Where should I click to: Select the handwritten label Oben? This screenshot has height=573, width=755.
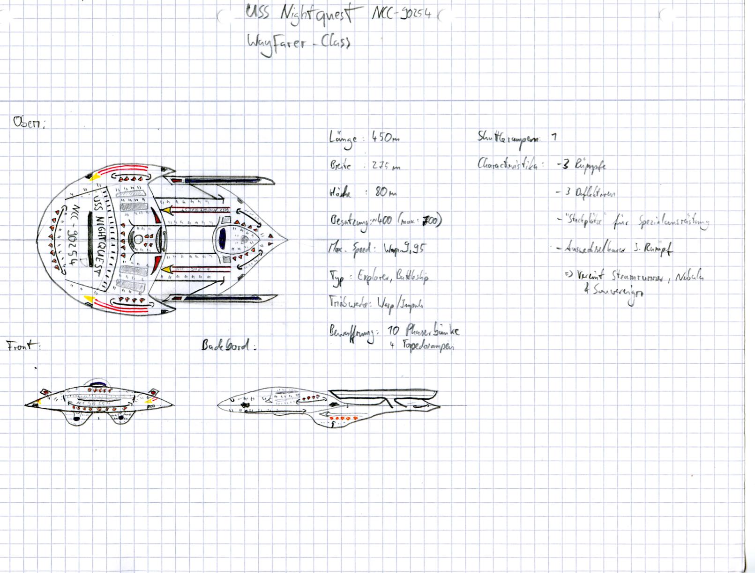click(29, 123)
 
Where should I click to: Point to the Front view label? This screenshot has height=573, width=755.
click(23, 346)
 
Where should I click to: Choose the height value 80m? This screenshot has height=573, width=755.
click(385, 192)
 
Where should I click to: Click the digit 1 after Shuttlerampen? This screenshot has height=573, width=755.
click(554, 137)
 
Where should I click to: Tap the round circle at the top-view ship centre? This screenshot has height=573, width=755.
click(138, 239)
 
